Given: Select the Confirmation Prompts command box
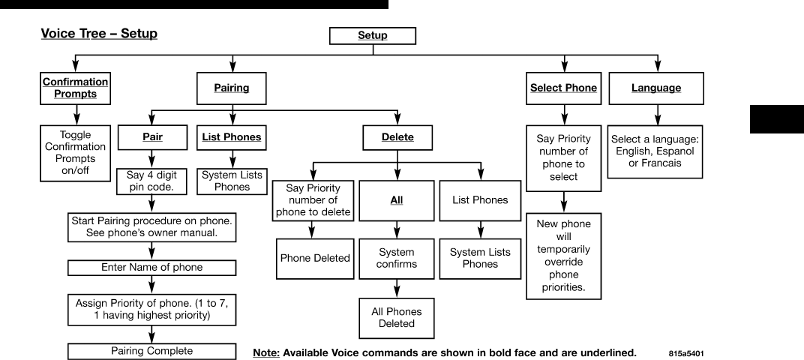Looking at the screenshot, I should pos(74,88).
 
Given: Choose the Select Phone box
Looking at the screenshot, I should pos(563,88).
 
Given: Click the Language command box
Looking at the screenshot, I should pos(656,88).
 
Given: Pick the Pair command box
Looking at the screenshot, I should pos(153,138).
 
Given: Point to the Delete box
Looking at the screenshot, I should pos(397,138).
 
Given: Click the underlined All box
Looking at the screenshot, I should pos(397,201).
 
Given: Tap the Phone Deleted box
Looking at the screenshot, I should pos(315,259).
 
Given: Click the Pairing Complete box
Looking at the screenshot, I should pos(152,350).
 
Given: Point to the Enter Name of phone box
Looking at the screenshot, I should pos(152,267).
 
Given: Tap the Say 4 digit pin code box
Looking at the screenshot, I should pos(153,181).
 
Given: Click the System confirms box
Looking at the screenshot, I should pos(397,259).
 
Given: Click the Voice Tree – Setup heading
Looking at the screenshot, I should pos(98,34).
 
